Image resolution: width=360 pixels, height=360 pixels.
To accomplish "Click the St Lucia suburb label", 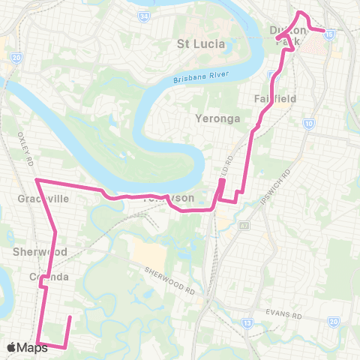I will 200,43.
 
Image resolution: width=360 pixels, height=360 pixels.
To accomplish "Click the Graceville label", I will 43,199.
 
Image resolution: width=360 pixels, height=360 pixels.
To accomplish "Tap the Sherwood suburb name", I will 40,252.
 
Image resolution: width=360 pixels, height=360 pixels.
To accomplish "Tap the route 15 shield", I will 330,34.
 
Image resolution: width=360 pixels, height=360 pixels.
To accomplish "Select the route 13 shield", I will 247,324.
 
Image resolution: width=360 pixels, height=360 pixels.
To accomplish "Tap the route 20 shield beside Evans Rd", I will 333,322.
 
